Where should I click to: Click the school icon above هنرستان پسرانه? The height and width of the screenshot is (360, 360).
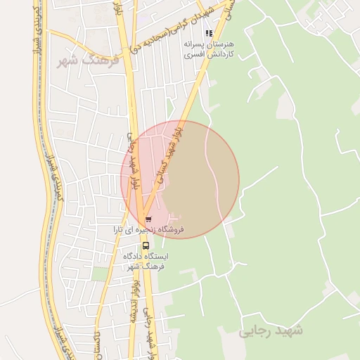(x=208, y=33)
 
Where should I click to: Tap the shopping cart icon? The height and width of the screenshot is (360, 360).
(x=148, y=219)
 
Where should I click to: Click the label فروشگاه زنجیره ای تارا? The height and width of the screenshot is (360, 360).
(x=150, y=229)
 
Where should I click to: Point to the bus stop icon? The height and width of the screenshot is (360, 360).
(x=146, y=245)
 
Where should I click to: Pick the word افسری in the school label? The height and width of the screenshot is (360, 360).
(x=193, y=54)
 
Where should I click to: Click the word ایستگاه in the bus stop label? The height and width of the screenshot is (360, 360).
(x=163, y=257)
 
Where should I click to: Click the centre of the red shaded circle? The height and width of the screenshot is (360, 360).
(x=180, y=179)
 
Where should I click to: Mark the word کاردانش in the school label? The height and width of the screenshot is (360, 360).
(x=218, y=54)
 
